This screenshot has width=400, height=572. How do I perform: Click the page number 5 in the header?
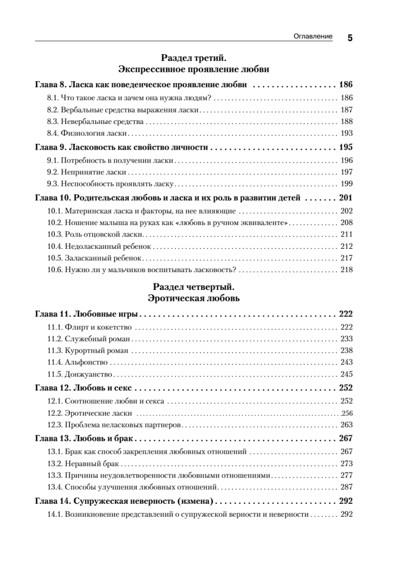click(x=350, y=39)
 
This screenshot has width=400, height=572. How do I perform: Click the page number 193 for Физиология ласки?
click(x=346, y=133)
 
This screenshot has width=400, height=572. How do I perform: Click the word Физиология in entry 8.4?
click(x=77, y=133)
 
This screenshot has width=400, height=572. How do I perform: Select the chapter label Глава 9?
click(x=51, y=147)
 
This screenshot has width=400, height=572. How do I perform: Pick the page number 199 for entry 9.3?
click(x=346, y=184)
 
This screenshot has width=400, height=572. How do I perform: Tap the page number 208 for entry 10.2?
click(x=346, y=223)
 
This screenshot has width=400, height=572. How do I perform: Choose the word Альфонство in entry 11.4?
click(x=81, y=362)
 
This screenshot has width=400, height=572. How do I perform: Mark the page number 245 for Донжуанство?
click(x=346, y=374)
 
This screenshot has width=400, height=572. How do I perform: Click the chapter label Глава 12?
click(x=53, y=388)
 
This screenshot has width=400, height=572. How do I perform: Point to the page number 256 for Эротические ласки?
click(x=347, y=413)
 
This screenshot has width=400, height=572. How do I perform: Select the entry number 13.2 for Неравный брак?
click(x=54, y=464)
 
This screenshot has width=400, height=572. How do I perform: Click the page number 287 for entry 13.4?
click(x=346, y=487)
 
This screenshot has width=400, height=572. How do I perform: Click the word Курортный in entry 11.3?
click(x=81, y=351)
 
